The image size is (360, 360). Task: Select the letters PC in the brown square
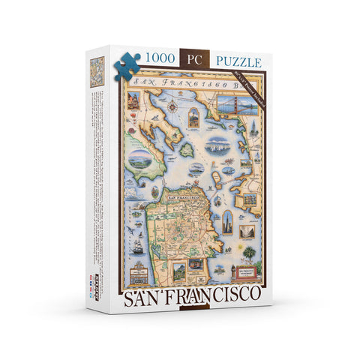click(x=196, y=56)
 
